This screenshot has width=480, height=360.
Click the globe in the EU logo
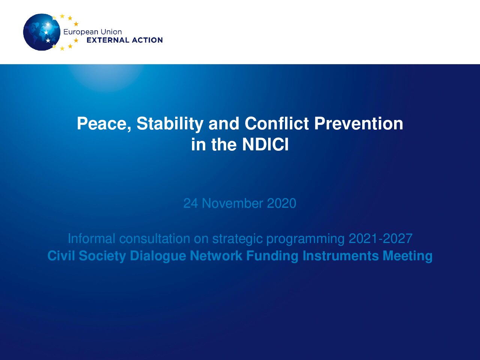point(42,32)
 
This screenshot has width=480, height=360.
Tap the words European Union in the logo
point(93,32)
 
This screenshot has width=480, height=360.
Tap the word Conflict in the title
point(277,123)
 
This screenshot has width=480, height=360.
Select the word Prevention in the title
point(358,123)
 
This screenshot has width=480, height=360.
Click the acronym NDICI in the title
point(265,144)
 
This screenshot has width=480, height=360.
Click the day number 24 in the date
point(191,203)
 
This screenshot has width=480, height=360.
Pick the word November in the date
point(232,203)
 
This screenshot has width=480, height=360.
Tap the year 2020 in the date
point(282,203)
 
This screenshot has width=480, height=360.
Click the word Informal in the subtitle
point(91,238)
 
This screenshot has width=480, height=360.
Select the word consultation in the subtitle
point(154,238)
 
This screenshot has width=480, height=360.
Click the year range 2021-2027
point(381,238)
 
